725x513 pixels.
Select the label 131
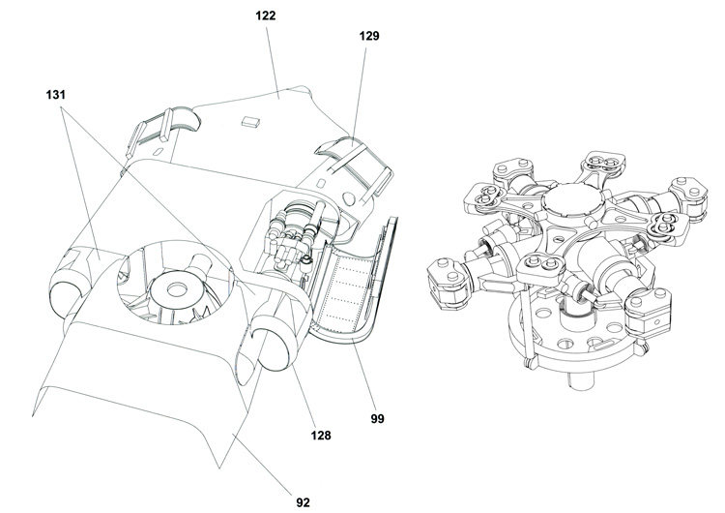59,96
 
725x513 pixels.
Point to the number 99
377,419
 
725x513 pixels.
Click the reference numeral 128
320,436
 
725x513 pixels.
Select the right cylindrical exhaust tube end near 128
272,347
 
